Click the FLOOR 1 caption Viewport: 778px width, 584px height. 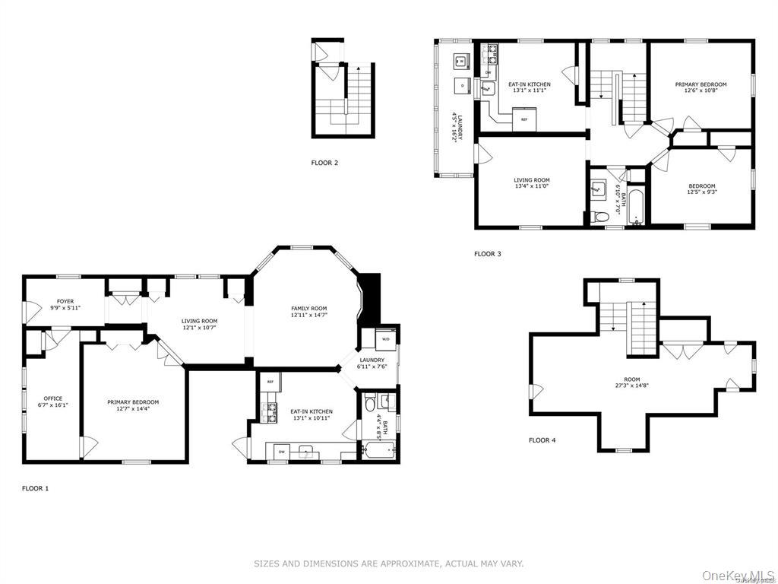35,488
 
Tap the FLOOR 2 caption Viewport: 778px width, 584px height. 324,162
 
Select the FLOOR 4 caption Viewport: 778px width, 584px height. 542,440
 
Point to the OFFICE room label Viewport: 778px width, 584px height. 53,398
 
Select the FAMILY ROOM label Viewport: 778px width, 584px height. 308,308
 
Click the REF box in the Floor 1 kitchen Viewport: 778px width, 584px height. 270,381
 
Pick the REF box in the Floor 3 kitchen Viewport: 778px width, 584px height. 523,119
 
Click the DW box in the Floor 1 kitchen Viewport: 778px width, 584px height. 281,452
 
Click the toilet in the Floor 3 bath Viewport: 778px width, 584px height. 601,217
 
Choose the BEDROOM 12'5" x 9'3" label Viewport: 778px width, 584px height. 702,189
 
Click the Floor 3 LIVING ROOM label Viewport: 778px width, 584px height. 531,182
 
